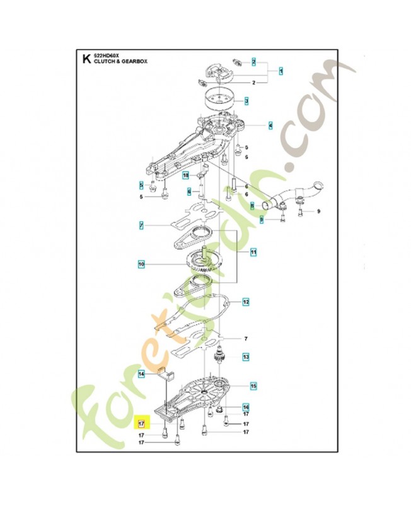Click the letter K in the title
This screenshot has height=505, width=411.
(x=86, y=61)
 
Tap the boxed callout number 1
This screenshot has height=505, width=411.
(x=280, y=71)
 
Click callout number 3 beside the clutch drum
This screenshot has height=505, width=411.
(x=246, y=101)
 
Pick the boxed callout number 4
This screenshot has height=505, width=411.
(x=270, y=126)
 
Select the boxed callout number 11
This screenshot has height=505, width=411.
(x=253, y=252)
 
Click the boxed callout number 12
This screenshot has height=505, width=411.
(x=246, y=302)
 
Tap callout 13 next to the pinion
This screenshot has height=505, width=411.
(x=245, y=357)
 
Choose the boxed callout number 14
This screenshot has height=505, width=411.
(x=142, y=374)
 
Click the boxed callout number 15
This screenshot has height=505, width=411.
(x=253, y=386)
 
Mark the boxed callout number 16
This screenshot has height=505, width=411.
(x=246, y=407)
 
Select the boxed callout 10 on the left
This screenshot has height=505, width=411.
(x=142, y=263)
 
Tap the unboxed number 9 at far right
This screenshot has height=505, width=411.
(x=318, y=211)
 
